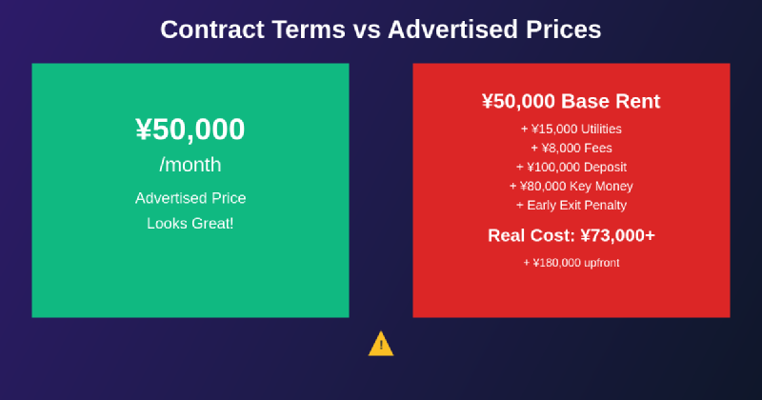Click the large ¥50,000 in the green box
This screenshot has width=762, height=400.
pyautogui.click(x=190, y=130)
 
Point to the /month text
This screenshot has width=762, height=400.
pyautogui.click(x=190, y=165)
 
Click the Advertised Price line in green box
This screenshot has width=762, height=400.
pyautogui.click(x=190, y=198)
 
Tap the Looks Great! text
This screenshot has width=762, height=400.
pyautogui.click(x=190, y=223)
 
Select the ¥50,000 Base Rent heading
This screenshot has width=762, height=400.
pyautogui.click(x=571, y=102)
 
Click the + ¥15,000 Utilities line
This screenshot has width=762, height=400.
pyautogui.click(x=571, y=129)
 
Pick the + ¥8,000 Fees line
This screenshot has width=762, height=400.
pyautogui.click(x=571, y=148)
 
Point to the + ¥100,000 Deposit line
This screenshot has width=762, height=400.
pyautogui.click(x=571, y=167)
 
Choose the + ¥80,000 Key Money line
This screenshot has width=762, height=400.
pyautogui.click(x=571, y=186)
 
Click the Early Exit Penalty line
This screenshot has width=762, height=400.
pyautogui.click(x=571, y=205)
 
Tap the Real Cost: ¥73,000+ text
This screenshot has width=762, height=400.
pyautogui.click(x=571, y=235)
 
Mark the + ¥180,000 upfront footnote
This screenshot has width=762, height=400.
pyautogui.click(x=571, y=262)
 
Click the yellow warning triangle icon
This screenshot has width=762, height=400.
pyautogui.click(x=381, y=344)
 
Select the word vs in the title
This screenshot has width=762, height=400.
pyautogui.click(x=365, y=30)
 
